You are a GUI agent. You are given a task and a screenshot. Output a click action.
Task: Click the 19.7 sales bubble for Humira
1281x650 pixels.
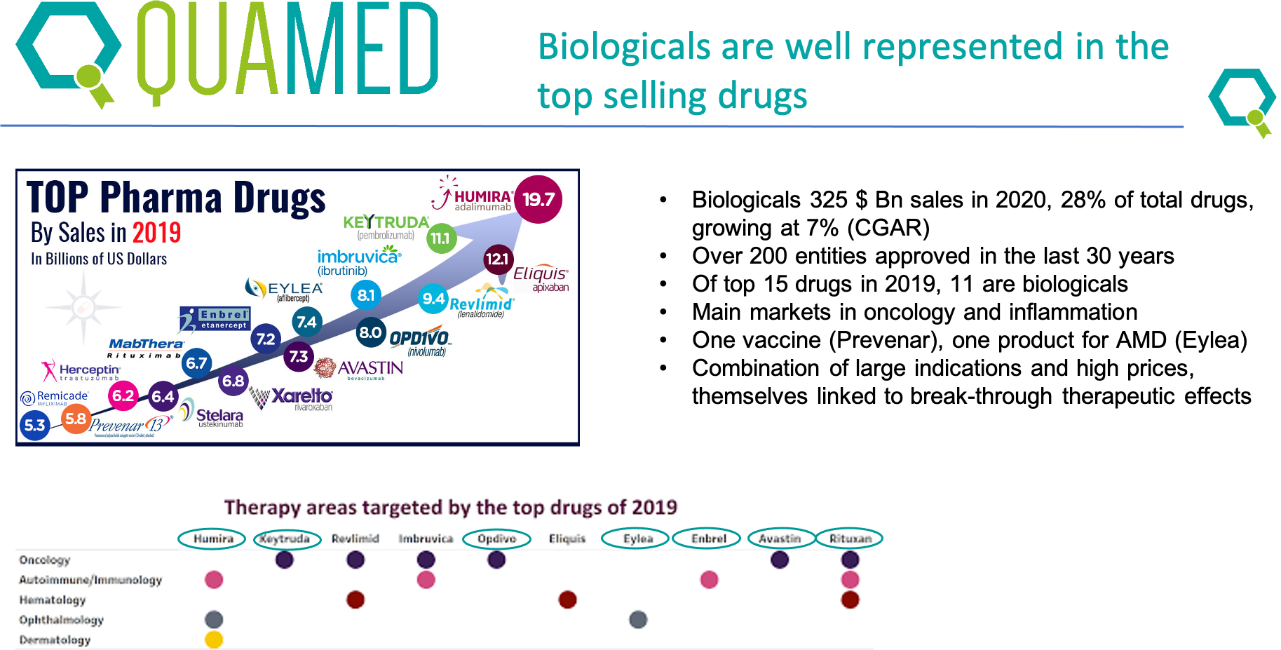[538, 200]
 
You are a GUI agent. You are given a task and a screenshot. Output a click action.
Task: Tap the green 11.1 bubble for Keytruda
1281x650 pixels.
[441, 238]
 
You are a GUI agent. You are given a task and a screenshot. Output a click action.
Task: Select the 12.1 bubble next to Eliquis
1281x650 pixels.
[498, 259]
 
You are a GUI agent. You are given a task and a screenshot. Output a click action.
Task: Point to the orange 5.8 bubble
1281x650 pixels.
[76, 419]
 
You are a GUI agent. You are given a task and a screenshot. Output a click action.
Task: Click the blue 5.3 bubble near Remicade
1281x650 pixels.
[34, 425]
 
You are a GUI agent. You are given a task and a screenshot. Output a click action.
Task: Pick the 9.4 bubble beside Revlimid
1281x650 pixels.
[433, 299]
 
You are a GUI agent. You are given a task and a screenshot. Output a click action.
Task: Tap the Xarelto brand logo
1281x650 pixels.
[301, 397]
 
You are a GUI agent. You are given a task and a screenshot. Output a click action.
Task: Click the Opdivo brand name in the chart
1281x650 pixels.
[419, 338]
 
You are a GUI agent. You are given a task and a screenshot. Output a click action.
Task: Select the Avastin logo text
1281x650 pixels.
[370, 368]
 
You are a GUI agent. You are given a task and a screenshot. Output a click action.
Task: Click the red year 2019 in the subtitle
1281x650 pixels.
[156, 233]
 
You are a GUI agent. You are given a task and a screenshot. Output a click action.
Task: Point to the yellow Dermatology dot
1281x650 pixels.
[214, 639]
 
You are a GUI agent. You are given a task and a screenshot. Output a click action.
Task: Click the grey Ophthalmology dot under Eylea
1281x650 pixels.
[638, 619]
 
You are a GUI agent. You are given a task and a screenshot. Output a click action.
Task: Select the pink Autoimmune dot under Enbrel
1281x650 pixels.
[709, 580]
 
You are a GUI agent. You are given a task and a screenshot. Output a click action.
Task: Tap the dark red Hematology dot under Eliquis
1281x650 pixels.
[567, 600]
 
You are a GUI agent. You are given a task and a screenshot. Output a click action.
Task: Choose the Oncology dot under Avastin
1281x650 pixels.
[780, 560]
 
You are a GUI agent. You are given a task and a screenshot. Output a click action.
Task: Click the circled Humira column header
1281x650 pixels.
[213, 539]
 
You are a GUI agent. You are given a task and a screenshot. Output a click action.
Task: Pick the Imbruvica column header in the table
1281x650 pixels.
[426, 539]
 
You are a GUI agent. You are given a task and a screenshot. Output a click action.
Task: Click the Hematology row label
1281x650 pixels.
[53, 600]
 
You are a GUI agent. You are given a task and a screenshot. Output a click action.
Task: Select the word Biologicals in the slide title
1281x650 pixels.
[624, 47]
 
